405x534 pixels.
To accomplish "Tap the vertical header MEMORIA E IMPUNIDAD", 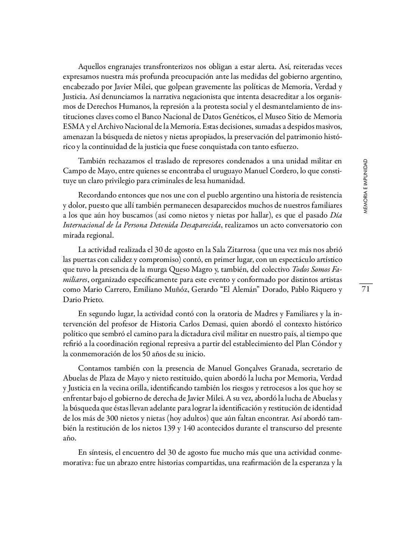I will [365, 186].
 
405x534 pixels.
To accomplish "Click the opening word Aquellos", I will [91, 67].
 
